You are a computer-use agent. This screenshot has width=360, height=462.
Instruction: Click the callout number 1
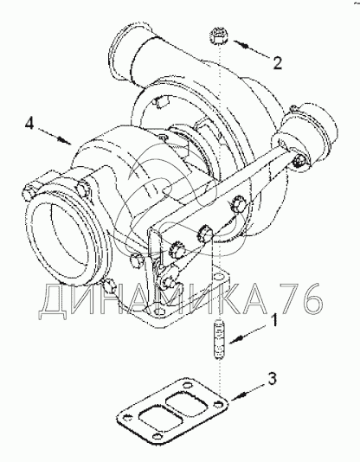click(274, 321)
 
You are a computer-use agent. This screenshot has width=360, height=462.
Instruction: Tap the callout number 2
click(277, 62)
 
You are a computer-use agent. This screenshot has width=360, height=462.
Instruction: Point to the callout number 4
click(29, 124)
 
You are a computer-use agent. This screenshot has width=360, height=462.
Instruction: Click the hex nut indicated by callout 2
click(219, 36)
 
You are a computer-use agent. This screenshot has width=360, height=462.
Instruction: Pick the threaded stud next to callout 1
click(219, 341)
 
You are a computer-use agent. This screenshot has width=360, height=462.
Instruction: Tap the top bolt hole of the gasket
click(186, 385)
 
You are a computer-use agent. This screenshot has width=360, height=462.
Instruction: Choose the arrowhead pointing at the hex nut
click(241, 45)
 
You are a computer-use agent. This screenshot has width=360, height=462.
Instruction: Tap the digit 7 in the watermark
click(287, 298)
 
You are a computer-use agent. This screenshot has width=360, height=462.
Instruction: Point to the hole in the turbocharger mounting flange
click(220, 277)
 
